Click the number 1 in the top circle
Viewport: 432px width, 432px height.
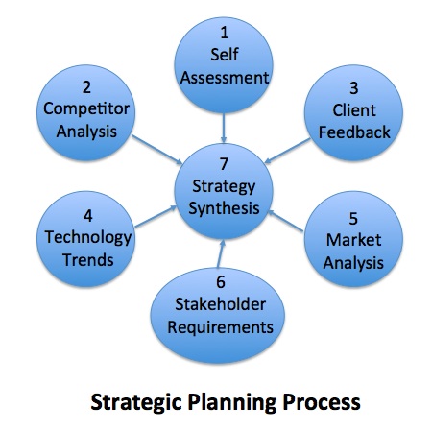[x=225, y=33]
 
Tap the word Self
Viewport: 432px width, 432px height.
[x=225, y=54]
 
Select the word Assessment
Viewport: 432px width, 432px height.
[x=225, y=78]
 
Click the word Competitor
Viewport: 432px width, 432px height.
[x=86, y=108]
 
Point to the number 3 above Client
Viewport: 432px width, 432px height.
[x=353, y=88]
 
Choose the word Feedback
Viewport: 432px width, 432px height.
[x=354, y=132]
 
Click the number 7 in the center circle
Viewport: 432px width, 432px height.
[x=224, y=164]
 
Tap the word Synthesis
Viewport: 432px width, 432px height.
[x=224, y=208]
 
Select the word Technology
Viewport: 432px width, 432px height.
[x=88, y=238]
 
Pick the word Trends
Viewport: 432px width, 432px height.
[x=88, y=259]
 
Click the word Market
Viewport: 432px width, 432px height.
[x=353, y=240]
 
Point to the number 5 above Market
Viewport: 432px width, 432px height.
[x=353, y=218]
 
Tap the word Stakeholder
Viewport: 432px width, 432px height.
[x=220, y=304]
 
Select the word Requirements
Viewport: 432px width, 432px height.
[x=220, y=327]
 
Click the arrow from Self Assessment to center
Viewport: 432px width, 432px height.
[x=224, y=128]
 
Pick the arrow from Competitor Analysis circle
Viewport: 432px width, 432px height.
[x=157, y=150]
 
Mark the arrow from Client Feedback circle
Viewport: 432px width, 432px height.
[x=287, y=151]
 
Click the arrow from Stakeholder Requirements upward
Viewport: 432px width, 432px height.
[x=221, y=254]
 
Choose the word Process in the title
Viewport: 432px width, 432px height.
[x=322, y=402]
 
